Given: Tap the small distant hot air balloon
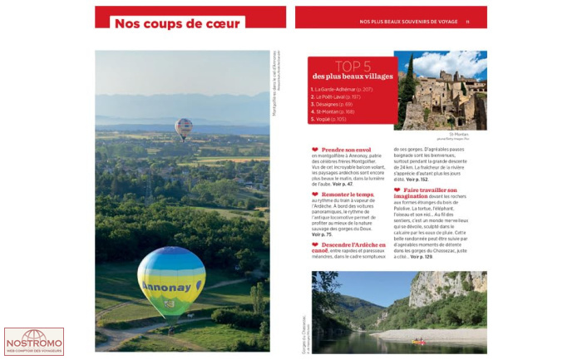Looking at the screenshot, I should click(184, 127).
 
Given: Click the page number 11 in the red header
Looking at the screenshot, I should click(467, 22).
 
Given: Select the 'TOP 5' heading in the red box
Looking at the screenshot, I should click(353, 66).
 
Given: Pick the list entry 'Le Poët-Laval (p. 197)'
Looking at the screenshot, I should click(338, 96).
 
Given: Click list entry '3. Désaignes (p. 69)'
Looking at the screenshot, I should click(332, 104).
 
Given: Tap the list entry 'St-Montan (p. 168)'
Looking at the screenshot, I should click(333, 111).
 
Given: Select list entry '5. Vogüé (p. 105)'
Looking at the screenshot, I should click(328, 119).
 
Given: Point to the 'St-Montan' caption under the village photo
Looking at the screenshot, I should click(460, 133).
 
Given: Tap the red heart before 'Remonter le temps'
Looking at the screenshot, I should click(314, 194).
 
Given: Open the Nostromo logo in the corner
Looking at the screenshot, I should click(33, 341).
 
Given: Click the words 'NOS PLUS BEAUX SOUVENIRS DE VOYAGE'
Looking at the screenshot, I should click(407, 22).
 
